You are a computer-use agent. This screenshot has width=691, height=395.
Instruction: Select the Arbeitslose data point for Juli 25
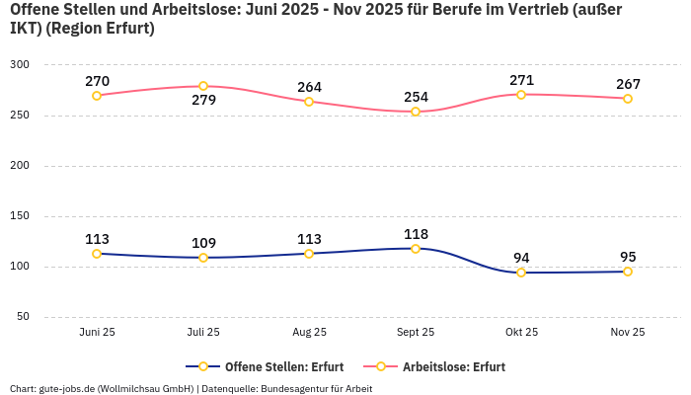tap(203, 86)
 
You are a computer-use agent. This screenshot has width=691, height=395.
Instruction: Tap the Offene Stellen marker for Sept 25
tap(416, 249)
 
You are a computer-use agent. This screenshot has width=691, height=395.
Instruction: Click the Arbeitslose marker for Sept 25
tap(416, 112)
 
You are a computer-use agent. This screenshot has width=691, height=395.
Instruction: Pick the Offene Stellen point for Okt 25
tap(521, 273)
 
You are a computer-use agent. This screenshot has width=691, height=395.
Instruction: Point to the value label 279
tap(203, 100)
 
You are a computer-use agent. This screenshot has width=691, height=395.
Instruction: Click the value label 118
tap(416, 234)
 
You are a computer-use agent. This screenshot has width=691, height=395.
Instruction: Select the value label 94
tap(521, 258)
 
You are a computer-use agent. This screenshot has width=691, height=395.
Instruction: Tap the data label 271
tap(521, 80)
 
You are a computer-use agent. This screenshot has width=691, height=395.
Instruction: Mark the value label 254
tap(416, 97)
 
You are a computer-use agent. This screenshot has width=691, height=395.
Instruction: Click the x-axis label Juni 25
tap(97, 332)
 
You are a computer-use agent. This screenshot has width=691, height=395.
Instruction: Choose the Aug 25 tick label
tap(309, 332)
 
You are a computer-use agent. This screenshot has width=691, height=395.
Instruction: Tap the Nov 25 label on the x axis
tap(627, 332)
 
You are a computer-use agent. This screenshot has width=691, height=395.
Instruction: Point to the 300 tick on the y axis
tap(20, 64)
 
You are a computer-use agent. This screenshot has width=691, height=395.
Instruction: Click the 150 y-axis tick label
tap(20, 215)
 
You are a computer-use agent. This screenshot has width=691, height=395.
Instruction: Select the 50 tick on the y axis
tap(23, 317)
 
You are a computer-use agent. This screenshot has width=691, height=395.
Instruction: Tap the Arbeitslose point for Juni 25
tap(97, 96)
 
